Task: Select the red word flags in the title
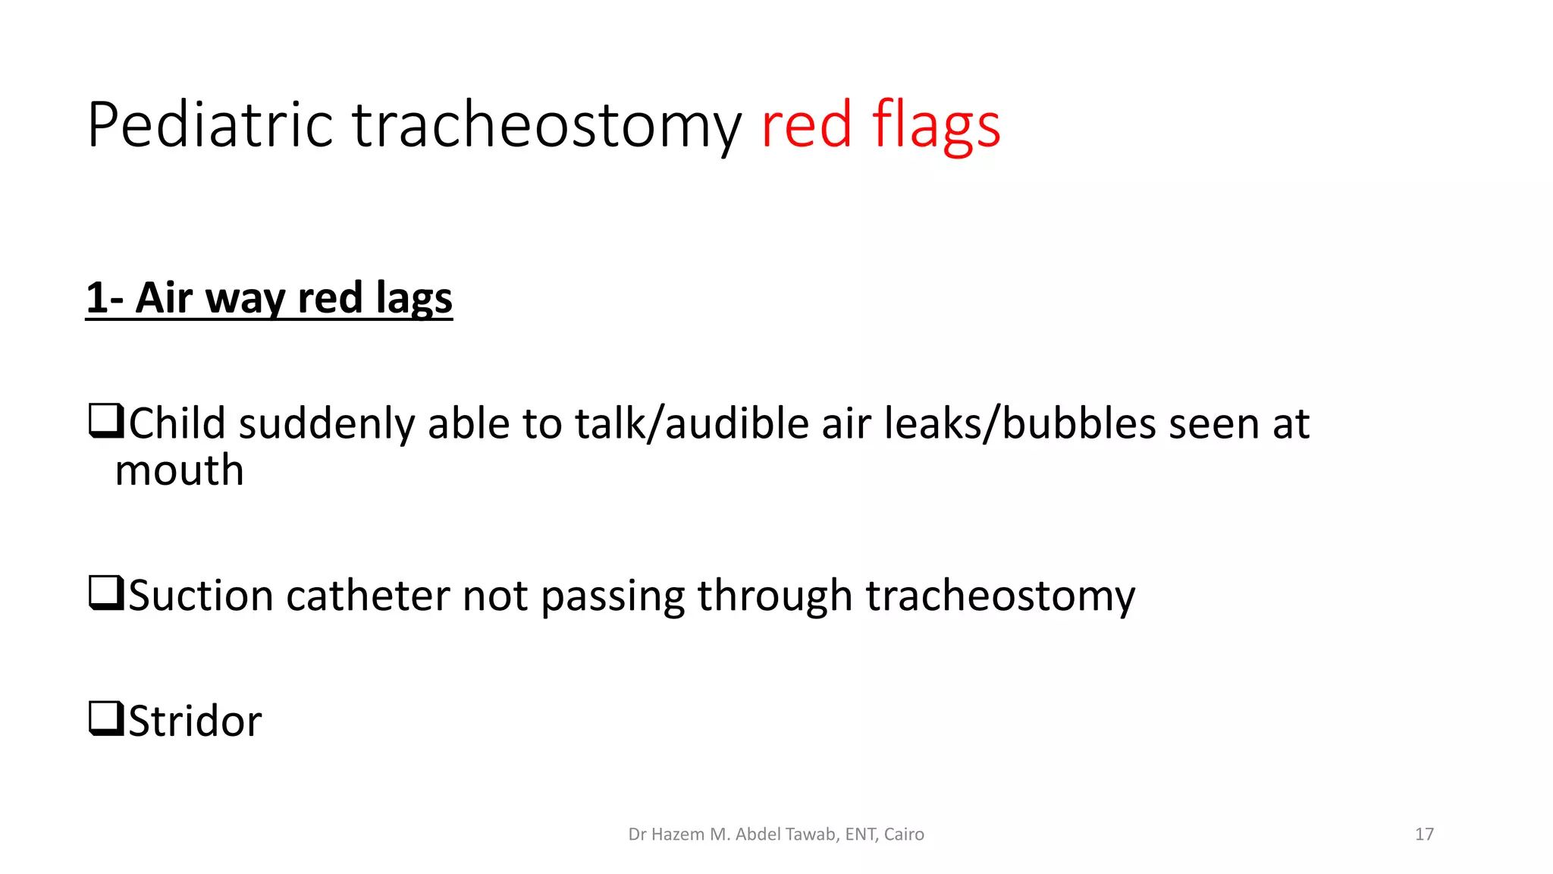(x=936, y=125)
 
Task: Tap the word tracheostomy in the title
(x=546, y=125)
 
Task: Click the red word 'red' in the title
(x=806, y=125)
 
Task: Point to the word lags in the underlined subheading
(x=413, y=298)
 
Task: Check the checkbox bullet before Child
(x=106, y=422)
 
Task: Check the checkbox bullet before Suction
(x=106, y=593)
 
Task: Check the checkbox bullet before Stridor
(x=106, y=718)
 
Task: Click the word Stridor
(x=195, y=721)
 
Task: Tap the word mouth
(x=179, y=470)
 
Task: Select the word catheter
(x=368, y=596)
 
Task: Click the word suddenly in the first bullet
(x=326, y=423)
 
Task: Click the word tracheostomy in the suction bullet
(x=999, y=596)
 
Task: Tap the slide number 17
(x=1424, y=835)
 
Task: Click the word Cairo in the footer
(x=904, y=835)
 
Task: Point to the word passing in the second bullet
(x=613, y=596)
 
